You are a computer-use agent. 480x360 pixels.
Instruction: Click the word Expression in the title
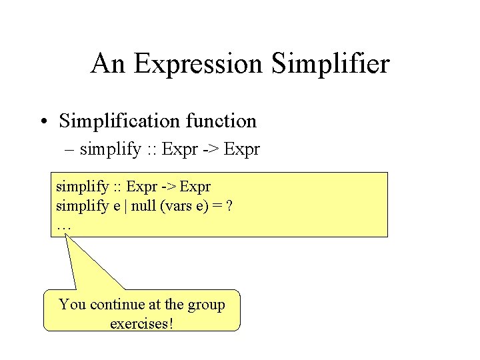click(198, 65)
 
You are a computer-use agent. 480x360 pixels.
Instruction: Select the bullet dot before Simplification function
click(43, 122)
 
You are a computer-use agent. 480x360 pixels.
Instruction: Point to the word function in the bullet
click(221, 121)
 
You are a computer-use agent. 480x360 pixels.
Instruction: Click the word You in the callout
click(73, 305)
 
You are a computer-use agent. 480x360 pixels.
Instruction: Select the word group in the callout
click(207, 305)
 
